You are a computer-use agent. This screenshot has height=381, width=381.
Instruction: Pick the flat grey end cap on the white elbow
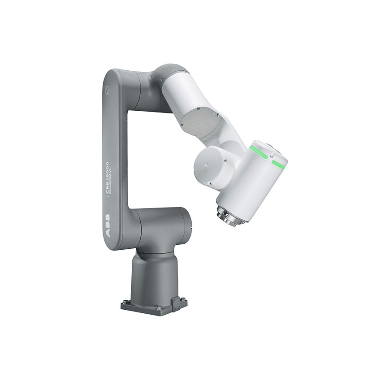pyautogui.click(x=200, y=119)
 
